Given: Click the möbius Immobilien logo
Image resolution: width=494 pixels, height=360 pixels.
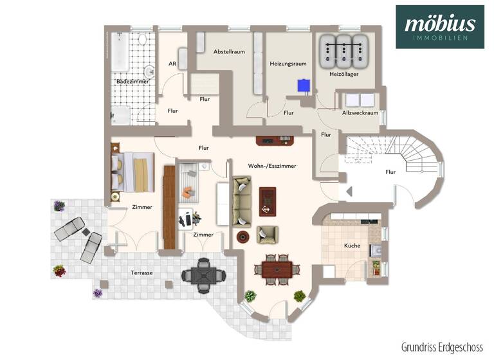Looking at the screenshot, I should pyautogui.click(x=440, y=27).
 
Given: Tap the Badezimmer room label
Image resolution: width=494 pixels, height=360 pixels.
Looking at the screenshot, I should pyautogui.click(x=133, y=82).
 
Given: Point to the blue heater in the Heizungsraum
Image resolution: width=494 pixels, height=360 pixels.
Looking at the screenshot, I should pyautogui.click(x=302, y=84).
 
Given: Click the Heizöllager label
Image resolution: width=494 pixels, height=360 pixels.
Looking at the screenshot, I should pyautogui.click(x=343, y=75).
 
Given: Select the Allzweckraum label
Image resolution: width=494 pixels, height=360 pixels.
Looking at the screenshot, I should pyautogui.click(x=360, y=113).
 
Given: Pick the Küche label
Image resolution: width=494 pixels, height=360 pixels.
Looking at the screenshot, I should pyautogui.click(x=352, y=246).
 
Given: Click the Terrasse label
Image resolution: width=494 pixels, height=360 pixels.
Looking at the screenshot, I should pyautogui.click(x=142, y=273).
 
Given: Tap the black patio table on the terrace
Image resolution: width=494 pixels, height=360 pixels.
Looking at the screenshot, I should pyautogui.click(x=203, y=275).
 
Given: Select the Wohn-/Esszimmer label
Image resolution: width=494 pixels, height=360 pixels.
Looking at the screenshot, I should pyautogui.click(x=272, y=166).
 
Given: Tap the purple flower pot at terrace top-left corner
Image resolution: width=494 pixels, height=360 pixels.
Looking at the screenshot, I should pyautogui.click(x=59, y=206).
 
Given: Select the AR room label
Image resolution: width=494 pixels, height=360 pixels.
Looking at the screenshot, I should pyautogui.click(x=172, y=64).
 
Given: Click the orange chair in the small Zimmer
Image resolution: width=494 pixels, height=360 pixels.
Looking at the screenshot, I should pyautogui.click(x=187, y=192).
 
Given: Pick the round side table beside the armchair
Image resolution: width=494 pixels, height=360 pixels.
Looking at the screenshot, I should pyautogui.click(x=243, y=237).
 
